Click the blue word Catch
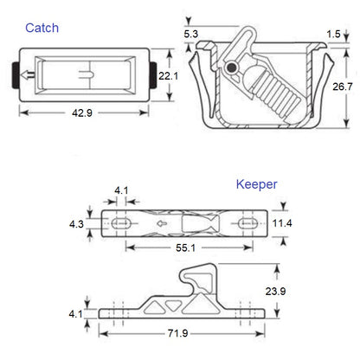point(42,29)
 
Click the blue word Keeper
point(256,184)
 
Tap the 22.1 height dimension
point(169,77)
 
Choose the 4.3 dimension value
point(77,222)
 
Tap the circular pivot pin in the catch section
point(231,67)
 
